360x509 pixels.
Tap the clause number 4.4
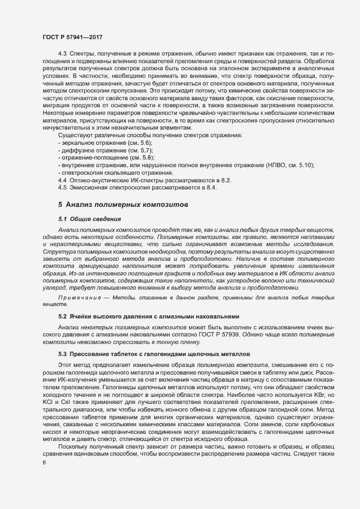click(x=62, y=180)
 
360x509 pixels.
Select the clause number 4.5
click(x=62, y=187)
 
